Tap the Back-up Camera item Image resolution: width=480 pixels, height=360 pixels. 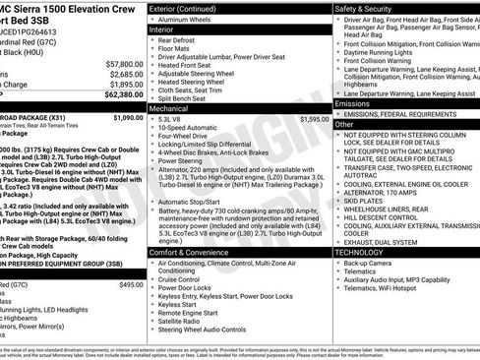368,264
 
